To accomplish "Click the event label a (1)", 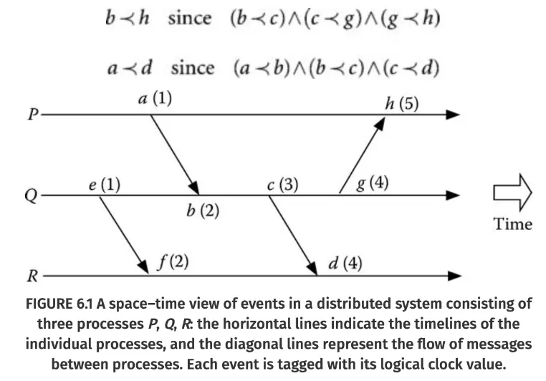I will (x=154, y=100).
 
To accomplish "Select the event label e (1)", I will (x=104, y=185).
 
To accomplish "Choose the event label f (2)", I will (x=172, y=262).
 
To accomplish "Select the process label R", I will (x=33, y=275).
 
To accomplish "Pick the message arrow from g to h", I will (x=362, y=154).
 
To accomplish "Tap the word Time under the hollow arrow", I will (x=513, y=223).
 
